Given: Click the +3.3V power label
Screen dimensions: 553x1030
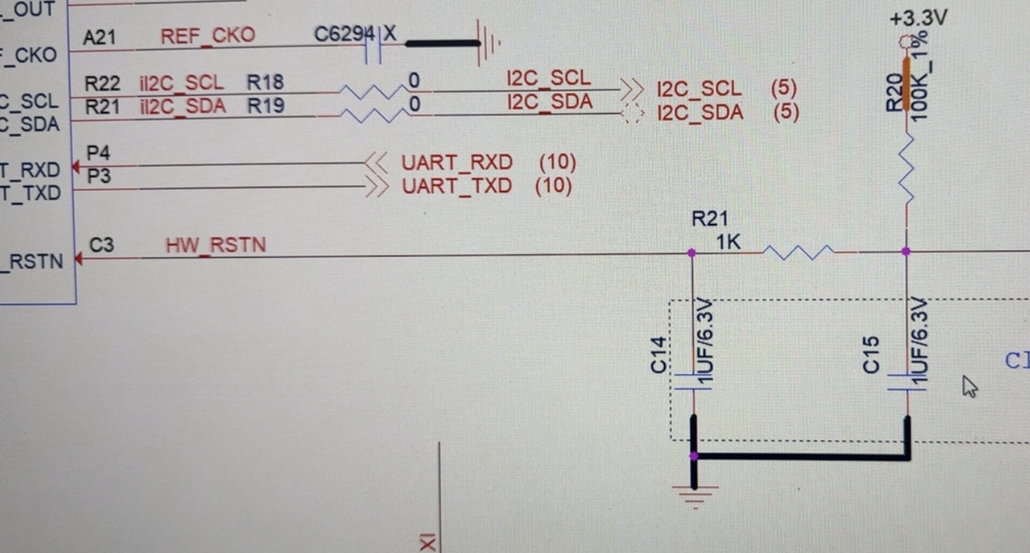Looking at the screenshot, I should click(x=917, y=18).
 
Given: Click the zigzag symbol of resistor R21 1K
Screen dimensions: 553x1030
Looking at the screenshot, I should click(x=799, y=253).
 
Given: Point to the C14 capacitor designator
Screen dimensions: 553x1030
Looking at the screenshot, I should click(x=659, y=354).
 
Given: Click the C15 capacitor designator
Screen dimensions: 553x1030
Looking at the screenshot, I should click(x=871, y=354).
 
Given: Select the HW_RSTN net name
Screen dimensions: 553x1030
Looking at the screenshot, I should click(x=215, y=245).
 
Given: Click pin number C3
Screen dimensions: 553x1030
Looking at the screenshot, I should click(x=102, y=245).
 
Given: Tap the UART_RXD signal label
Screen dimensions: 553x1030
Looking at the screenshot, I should click(x=457, y=163).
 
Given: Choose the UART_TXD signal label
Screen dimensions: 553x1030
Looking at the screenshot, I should click(x=457, y=186).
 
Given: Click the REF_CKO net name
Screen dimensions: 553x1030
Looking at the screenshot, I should click(x=208, y=35).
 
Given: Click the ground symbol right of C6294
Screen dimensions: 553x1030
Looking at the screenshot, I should click(x=489, y=43).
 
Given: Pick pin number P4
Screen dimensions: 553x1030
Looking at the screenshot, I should click(x=98, y=153).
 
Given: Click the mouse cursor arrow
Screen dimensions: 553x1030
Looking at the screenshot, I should click(x=969, y=386).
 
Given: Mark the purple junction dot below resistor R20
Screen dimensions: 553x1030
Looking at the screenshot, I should click(x=906, y=251).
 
